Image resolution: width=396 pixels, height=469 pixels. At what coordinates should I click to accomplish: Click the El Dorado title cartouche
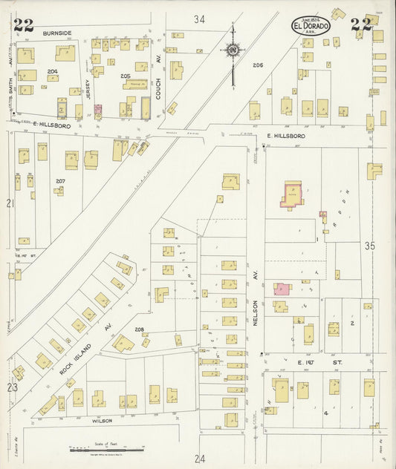310,24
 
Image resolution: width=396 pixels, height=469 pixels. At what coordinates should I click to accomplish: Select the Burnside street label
56,33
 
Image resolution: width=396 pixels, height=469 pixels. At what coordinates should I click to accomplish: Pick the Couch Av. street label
158,70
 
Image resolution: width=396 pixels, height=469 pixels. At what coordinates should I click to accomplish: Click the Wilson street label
102,421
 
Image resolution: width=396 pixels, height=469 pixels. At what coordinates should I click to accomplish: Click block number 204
52,71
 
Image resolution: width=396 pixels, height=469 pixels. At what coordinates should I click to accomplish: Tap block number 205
125,76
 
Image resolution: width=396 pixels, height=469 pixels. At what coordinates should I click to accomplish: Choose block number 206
258,65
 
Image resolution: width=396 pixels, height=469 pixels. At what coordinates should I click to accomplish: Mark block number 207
60,180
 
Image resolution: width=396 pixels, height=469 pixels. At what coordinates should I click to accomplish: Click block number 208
138,329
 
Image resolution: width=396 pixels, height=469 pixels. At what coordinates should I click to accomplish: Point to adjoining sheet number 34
198,19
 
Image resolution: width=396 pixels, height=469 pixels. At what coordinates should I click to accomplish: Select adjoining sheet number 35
369,245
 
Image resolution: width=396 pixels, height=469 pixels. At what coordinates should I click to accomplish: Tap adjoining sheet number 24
199,459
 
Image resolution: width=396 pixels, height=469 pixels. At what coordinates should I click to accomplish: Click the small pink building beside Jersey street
97,111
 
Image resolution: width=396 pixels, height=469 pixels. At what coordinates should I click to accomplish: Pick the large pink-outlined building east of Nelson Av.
291,195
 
